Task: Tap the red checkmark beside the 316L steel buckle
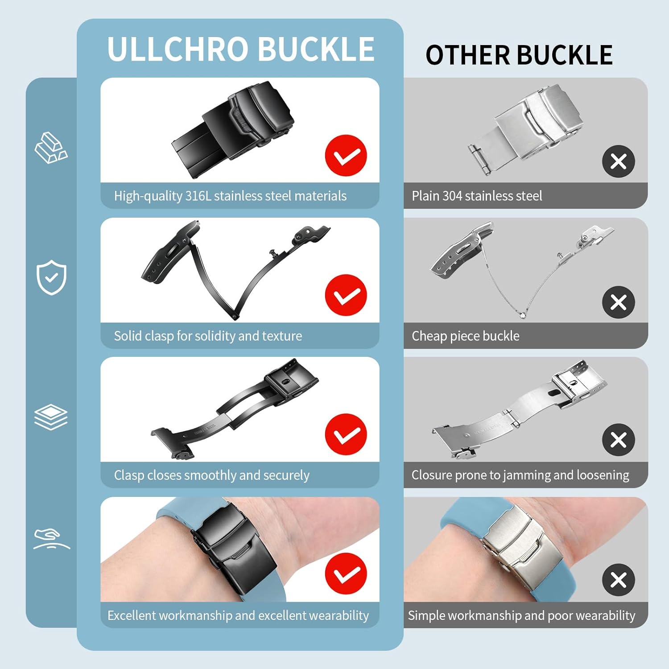coord(346,155)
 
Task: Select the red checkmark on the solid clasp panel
coord(346,295)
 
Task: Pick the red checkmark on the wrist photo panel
coord(346,574)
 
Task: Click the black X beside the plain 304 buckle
coord(618,161)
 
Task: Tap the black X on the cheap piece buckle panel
coord(618,302)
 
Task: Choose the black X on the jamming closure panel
coord(618,440)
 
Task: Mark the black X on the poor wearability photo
coord(618,580)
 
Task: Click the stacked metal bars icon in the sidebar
coord(51,148)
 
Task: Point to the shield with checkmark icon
coord(51,277)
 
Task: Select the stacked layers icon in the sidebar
coord(51,417)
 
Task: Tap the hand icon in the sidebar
coord(51,539)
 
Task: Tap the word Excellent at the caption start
coord(132,615)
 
